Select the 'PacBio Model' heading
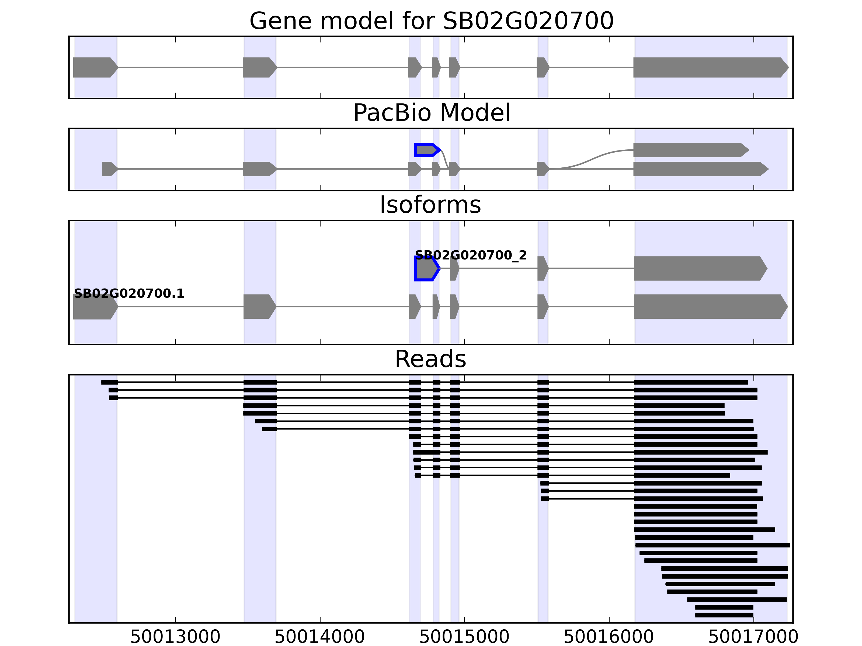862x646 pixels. pyautogui.click(x=431, y=113)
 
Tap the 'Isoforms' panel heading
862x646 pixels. pyautogui.click(x=430, y=205)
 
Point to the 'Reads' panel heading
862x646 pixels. pyautogui.click(x=430, y=359)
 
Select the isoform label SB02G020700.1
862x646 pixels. pyautogui.click(x=128, y=294)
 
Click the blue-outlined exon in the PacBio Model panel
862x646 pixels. pyautogui.click(x=426, y=150)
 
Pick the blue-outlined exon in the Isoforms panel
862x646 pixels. pyautogui.click(x=426, y=268)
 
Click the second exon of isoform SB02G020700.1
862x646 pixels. pyautogui.click(x=259, y=307)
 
